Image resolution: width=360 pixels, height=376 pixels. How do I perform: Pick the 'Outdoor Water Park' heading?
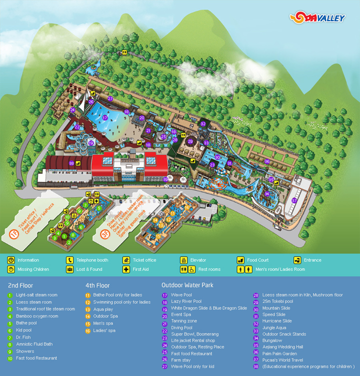[x=187, y=285]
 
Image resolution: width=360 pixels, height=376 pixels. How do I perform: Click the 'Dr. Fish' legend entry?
[x=24, y=337]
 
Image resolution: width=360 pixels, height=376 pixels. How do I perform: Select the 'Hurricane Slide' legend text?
[x=276, y=321]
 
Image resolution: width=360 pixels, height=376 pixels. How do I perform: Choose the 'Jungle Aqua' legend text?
[x=273, y=327]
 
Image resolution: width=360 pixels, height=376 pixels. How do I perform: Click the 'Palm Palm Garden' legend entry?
[x=279, y=353]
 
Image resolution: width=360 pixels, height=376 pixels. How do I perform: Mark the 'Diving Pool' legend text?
[x=181, y=327]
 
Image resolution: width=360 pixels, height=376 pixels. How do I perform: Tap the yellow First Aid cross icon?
[x=126, y=269]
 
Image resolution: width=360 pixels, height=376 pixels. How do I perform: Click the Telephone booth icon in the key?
[x=69, y=260]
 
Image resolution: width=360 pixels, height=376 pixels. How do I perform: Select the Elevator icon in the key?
[x=183, y=260]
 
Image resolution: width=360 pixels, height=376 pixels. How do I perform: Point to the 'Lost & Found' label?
[x=89, y=269]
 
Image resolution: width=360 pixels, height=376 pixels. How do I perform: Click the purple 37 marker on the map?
[x=294, y=200]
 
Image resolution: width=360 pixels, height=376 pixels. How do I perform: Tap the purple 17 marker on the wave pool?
[x=105, y=118]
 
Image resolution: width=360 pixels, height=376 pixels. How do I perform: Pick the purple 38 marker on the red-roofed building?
[x=71, y=163]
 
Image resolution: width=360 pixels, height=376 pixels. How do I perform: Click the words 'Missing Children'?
[x=33, y=269]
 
